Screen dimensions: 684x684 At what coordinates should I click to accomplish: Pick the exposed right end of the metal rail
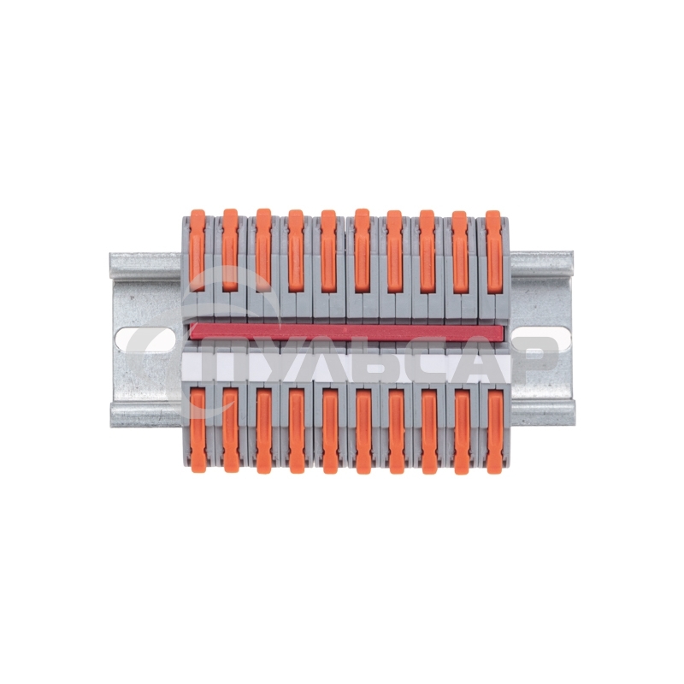pos(542,291)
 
